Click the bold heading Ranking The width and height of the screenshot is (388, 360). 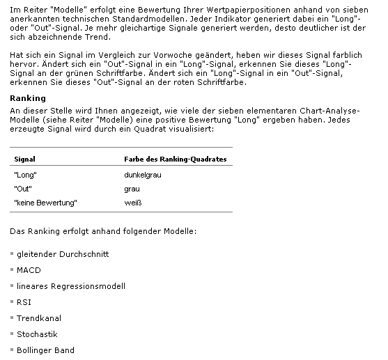pos(28,98)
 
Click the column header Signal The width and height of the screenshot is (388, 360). pos(24,159)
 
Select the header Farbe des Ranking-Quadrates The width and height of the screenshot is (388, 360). pos(175,159)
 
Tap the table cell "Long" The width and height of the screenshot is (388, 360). pos(25,175)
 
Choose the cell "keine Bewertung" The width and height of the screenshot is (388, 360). pos(45,203)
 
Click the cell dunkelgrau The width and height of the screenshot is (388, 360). pos(142,175)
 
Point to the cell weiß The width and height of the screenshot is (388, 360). pos(132,203)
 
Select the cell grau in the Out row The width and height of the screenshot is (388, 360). pos(132,189)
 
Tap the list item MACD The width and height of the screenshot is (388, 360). pos(29,270)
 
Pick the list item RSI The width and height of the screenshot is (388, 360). pos(24,302)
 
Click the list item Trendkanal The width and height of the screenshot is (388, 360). pos(39,318)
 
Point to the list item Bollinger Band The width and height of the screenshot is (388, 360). pos(45,350)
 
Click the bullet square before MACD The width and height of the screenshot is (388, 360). pos(12,270)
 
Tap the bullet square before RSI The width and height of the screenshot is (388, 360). pos(12,302)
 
